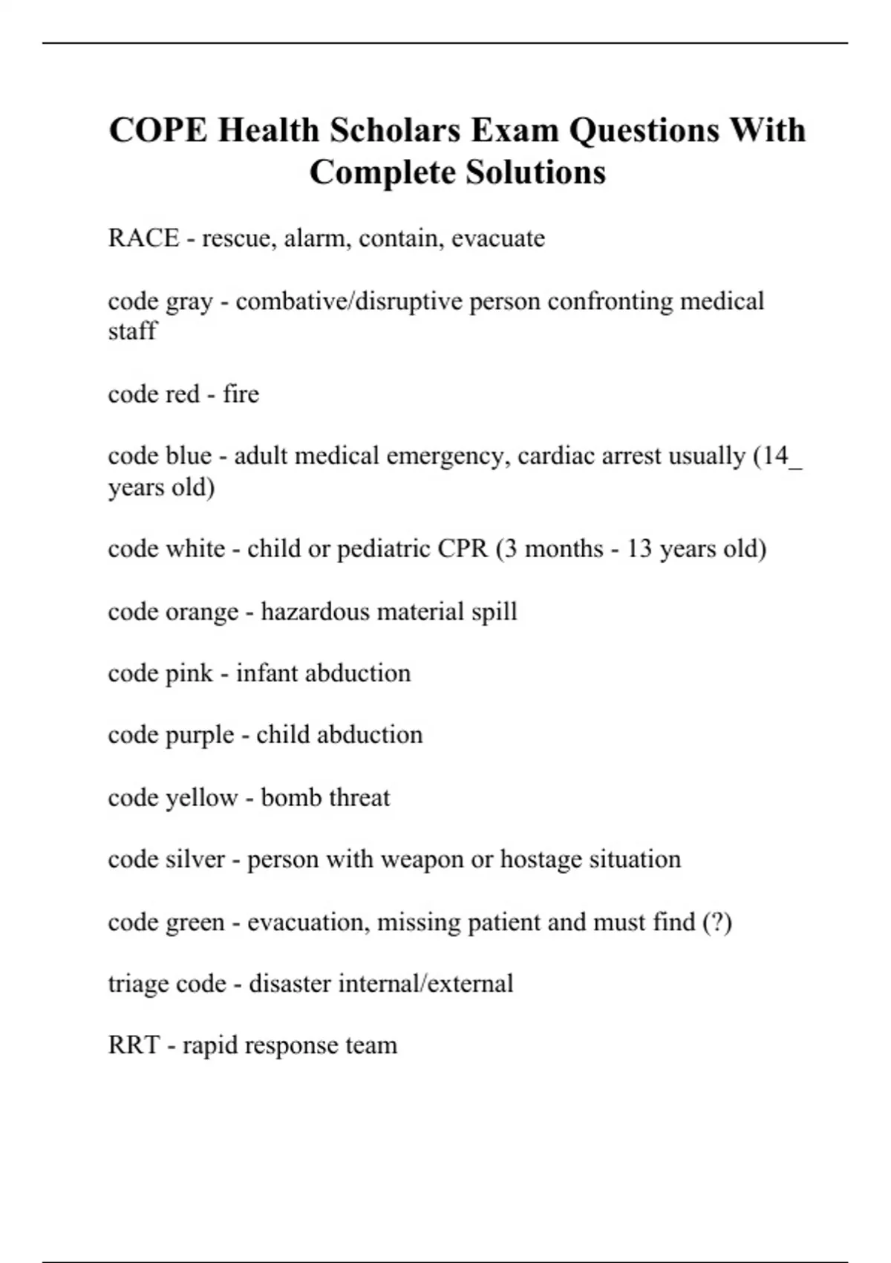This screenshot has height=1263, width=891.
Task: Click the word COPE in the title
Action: pos(158,131)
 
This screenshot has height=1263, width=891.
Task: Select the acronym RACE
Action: pos(143,238)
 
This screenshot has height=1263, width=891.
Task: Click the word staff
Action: pos(132,331)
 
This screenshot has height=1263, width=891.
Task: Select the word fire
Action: pos(241,394)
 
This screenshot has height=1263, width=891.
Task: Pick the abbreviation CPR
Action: pos(463,549)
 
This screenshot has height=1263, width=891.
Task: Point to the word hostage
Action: pos(541,860)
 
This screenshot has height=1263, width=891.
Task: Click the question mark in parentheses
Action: pos(717,922)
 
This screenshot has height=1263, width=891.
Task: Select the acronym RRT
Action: pos(134,1045)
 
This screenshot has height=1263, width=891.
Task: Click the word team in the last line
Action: pos(371,1045)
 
